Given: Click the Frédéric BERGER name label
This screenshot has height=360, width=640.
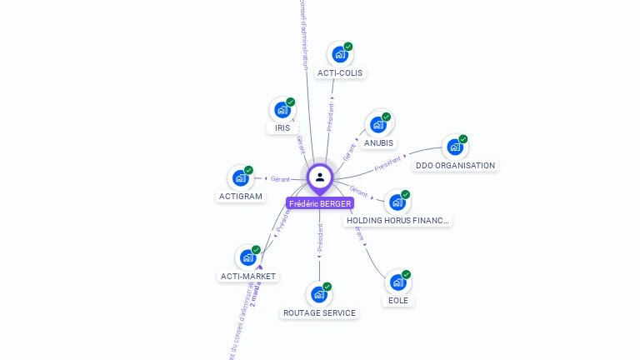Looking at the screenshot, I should (x=320, y=203).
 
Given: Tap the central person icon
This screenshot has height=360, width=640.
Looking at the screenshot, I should (x=320, y=177).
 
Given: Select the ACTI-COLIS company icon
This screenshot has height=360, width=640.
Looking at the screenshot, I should (x=339, y=55).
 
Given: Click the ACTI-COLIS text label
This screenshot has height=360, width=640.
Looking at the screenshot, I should (x=340, y=72).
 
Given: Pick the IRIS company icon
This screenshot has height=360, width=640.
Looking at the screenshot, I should (x=282, y=110).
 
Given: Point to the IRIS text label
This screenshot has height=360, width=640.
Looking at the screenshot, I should (x=282, y=128).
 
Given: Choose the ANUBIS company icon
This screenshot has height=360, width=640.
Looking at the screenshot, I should (x=378, y=125).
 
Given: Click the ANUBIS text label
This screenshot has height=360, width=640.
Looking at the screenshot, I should (x=378, y=142).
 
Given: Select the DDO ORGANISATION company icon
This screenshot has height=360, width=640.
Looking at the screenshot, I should (x=454, y=147).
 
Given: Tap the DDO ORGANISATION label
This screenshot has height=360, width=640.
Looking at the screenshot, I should (x=455, y=165).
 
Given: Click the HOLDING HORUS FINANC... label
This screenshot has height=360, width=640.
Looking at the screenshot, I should (x=398, y=221).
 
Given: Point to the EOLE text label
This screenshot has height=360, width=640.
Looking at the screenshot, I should (x=398, y=300).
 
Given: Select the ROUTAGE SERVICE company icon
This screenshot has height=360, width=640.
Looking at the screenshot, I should (x=319, y=295).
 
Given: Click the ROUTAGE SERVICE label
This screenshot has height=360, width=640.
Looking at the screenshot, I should (x=319, y=313).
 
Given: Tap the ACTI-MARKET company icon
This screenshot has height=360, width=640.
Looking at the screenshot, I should (x=248, y=258).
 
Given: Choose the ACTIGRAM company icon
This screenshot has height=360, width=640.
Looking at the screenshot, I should (x=241, y=178).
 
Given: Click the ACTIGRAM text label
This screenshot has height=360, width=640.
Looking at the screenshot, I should (x=241, y=197).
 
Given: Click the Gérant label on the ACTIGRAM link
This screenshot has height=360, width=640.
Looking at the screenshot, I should (x=280, y=179).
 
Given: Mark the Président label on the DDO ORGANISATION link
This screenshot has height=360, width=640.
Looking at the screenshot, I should (x=388, y=163).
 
